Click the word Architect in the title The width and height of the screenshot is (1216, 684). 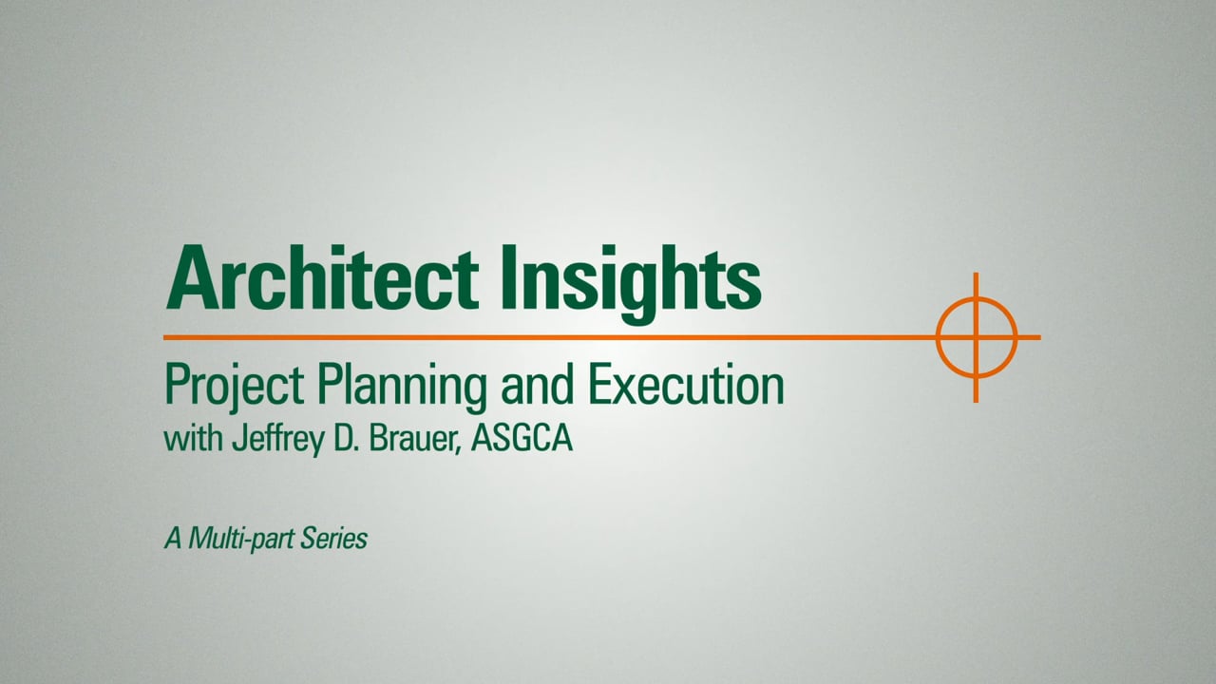point(322,277)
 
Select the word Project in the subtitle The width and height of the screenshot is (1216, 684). point(235,385)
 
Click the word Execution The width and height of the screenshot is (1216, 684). point(686,385)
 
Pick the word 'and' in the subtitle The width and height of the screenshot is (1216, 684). point(538,385)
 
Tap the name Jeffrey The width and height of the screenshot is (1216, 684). point(278,440)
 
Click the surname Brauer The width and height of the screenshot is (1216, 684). point(413,439)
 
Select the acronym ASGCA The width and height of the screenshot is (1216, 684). point(522,439)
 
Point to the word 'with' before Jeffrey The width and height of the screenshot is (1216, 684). point(193,439)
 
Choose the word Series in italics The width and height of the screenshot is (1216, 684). point(333,539)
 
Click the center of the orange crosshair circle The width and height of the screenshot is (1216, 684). point(976,337)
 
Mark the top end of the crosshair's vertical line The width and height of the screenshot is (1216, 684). point(976,273)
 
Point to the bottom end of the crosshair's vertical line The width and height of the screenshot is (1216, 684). point(976,402)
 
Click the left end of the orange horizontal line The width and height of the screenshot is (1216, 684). point(164,337)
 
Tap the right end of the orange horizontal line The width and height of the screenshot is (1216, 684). point(1040,337)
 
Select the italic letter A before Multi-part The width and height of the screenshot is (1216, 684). point(173,539)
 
